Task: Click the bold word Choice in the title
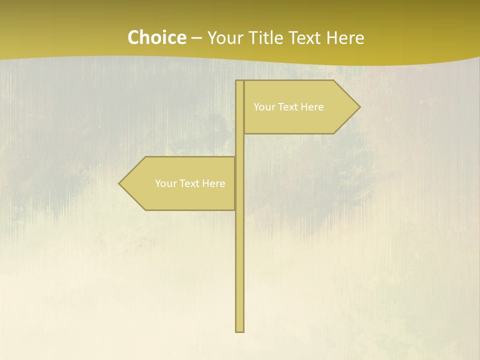[x=156, y=37]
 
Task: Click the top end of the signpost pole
[x=240, y=81]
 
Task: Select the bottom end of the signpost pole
[x=240, y=330]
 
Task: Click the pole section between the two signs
[x=240, y=145]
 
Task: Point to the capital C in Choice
[x=133, y=37]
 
